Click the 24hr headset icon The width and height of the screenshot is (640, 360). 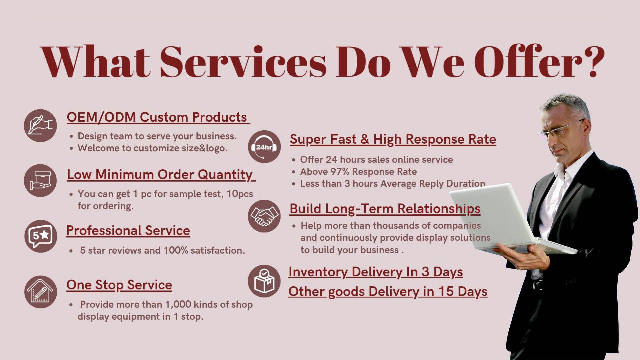click(x=264, y=147)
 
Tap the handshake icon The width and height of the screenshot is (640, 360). click(x=264, y=216)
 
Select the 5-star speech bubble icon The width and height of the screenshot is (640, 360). click(x=41, y=236)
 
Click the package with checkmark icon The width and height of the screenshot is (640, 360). click(x=264, y=281)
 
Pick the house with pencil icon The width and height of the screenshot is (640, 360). click(x=41, y=292)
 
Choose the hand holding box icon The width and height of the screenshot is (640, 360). click(x=40, y=180)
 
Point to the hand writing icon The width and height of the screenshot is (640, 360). click(x=40, y=126)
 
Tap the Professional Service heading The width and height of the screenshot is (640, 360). click(x=128, y=230)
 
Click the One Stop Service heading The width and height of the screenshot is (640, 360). click(x=119, y=285)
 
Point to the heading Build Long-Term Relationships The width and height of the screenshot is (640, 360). click(x=385, y=209)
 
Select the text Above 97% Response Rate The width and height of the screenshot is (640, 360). click(x=358, y=172)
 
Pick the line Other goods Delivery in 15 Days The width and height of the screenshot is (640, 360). click(x=388, y=292)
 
